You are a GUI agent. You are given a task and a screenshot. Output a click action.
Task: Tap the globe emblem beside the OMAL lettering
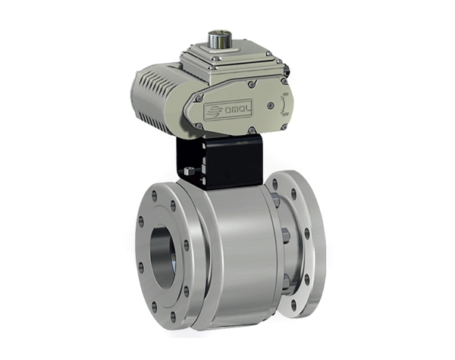pos(214,111)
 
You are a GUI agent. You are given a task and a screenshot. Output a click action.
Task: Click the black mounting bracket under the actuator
pos(220,162)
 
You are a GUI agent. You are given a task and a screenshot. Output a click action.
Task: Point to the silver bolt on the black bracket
pos(190,171)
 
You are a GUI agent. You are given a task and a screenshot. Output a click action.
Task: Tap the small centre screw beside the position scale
pos(271,105)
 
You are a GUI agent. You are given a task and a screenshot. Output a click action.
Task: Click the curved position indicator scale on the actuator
pos(284,105)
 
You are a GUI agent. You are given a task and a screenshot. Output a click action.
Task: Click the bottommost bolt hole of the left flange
pos(174,316)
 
